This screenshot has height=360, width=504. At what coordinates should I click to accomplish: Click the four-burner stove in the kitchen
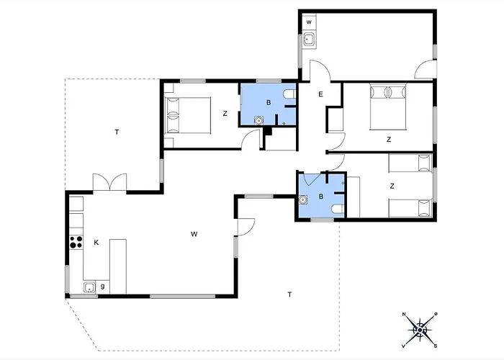coord(76,242)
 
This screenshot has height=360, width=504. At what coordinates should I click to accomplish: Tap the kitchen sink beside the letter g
coord(90,287)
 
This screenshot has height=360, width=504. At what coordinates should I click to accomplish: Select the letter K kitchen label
coord(96,243)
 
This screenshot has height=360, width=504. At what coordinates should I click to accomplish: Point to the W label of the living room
coord(194,234)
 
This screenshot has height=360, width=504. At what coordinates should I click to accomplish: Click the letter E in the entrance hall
coord(320,94)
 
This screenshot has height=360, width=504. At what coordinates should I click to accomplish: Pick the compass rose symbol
coord(420,330)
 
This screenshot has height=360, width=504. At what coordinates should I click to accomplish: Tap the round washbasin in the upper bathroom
coord(258,120)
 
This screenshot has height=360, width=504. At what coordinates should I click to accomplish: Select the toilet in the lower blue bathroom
coord(338,210)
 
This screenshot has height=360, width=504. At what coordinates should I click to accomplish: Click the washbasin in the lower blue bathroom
coord(303,199)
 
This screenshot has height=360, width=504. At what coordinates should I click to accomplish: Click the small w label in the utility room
coord(309,22)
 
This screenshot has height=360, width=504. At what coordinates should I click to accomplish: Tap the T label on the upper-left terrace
coord(117,132)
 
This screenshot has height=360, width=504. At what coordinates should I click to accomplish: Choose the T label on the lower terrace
coord(290,294)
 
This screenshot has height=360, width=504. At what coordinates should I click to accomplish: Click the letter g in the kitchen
coord(102,286)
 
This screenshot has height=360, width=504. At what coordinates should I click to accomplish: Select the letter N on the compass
coord(404,315)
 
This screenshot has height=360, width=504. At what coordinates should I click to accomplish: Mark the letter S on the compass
coord(436,346)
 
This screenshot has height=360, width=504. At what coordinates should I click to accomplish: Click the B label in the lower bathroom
coord(321,197)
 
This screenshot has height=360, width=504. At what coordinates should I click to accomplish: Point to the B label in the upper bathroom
coord(269,102)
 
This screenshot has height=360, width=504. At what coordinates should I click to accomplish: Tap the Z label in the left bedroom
coord(225,114)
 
